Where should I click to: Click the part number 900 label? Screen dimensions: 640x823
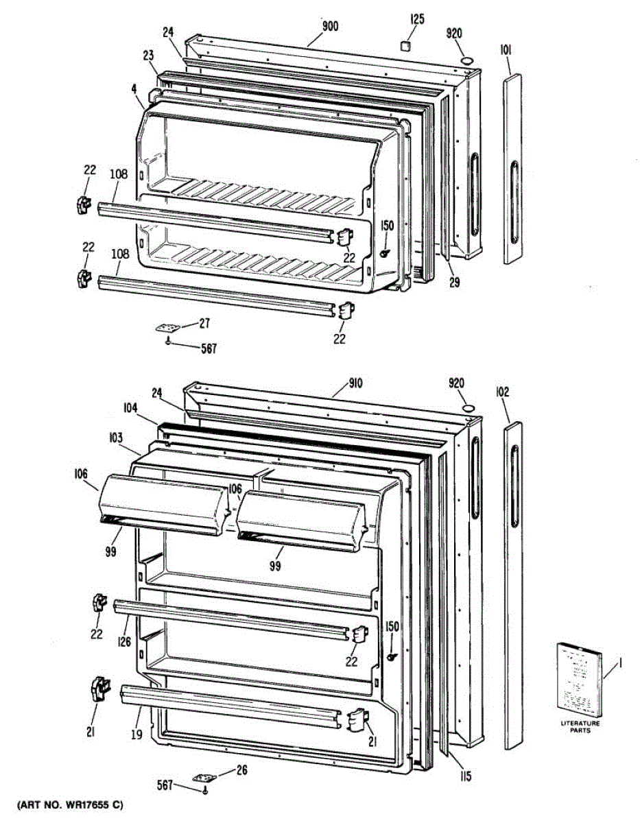coord(331,27)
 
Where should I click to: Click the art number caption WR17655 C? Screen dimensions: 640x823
coord(70,804)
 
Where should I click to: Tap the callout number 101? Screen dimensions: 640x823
coord(507,49)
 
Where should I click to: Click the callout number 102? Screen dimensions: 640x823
coord(503,393)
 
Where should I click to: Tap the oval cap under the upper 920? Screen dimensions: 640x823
coord(467,62)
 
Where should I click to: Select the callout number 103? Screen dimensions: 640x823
coord(115,437)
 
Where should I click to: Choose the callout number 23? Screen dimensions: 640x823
coord(148,57)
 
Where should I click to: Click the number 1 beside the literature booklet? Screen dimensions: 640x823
coord(619,663)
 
